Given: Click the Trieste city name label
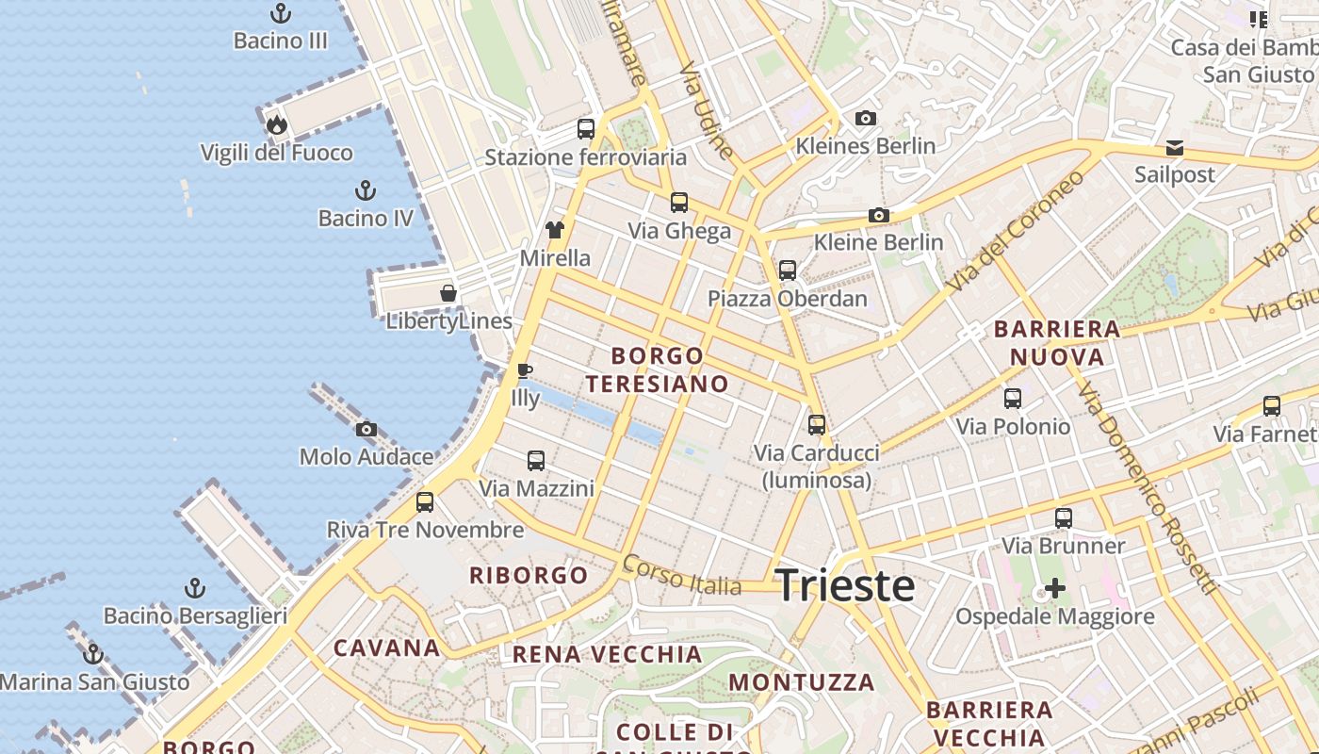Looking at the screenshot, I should click(845, 585).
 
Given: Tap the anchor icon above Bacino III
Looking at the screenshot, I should click(281, 13).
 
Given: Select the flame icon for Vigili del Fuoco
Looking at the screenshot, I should click(276, 124).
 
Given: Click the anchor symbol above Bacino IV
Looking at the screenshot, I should click(366, 190).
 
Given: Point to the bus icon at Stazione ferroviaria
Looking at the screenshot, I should click(586, 129).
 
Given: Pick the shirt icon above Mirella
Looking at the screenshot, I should click(555, 230).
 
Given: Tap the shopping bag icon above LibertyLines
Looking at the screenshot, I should click(448, 293).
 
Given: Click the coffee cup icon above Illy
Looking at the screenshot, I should click(525, 370).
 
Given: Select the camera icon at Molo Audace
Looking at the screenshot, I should click(366, 430).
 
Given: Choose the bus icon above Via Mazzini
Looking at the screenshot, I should click(536, 461).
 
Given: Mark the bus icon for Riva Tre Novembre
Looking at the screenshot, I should click(425, 502).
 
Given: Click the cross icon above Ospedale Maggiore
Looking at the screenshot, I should click(1055, 589).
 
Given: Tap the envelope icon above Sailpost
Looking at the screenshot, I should click(1175, 148).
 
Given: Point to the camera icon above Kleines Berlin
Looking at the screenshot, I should click(866, 119).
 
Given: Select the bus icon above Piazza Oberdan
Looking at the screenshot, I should click(788, 270).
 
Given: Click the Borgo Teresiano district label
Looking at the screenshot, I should click(657, 369).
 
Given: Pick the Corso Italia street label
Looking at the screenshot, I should click(682, 575).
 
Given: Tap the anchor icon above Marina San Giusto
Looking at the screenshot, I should click(92, 654).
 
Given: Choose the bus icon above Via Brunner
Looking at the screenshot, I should click(1064, 518).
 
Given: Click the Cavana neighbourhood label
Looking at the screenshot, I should click(387, 648).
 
